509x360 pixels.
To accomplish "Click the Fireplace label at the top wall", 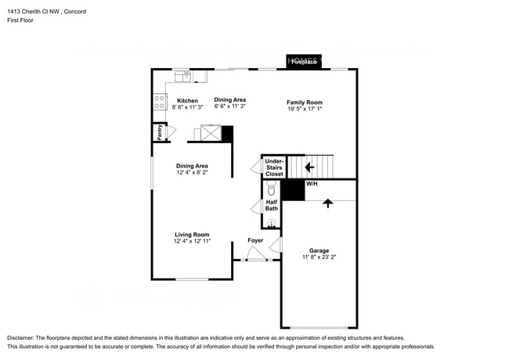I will [x=305, y=63].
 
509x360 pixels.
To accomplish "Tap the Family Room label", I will [x=304, y=103].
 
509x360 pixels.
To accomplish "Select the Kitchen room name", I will [x=187, y=101].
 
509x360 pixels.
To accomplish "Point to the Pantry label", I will [x=160, y=133].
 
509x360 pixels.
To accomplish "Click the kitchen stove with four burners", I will [x=160, y=100].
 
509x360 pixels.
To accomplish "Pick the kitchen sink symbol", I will [x=183, y=75].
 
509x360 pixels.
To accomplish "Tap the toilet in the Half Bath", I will [x=271, y=189].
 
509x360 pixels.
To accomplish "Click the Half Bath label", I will [x=271, y=205].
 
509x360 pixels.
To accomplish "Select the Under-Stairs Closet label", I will [x=274, y=167].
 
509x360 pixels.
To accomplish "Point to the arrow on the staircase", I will [x=309, y=167].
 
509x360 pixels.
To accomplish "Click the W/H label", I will [x=311, y=183].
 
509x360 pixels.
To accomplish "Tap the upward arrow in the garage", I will [x=327, y=202].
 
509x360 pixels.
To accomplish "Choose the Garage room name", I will [x=319, y=250].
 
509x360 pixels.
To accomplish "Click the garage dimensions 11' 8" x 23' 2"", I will [x=319, y=257].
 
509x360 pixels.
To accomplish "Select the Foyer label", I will [x=255, y=240].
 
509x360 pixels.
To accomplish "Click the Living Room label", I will [x=192, y=235].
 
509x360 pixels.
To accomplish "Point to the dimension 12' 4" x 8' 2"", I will [x=192, y=173].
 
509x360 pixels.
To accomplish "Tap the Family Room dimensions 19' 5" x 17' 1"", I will [x=304, y=110].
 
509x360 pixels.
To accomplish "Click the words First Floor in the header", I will [x=23, y=22].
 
